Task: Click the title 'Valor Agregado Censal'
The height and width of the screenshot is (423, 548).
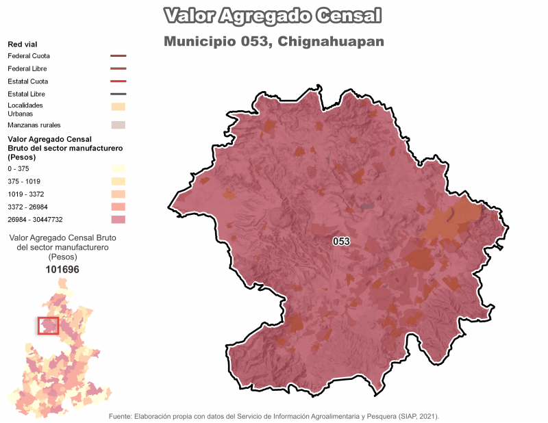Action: (273, 16)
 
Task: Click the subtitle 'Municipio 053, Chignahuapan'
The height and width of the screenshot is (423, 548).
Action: (273, 42)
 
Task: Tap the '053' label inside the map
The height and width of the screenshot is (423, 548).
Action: (341, 242)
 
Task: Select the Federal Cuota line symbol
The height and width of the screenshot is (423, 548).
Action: (118, 56)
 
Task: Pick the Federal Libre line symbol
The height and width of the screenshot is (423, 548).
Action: (118, 68)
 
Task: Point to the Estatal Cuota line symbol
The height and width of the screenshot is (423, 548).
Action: (118, 81)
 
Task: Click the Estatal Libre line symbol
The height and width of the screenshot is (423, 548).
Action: (118, 94)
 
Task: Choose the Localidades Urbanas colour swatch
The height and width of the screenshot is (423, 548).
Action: (118, 106)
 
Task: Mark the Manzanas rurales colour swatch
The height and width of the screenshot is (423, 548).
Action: (118, 125)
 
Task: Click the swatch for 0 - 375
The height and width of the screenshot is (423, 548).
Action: (118, 168)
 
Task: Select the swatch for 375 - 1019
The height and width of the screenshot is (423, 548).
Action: (118, 181)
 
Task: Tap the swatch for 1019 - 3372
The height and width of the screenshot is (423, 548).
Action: (118, 194)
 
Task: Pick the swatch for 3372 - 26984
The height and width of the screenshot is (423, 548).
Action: (118, 207)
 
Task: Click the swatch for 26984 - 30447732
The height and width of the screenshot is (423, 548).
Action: (118, 220)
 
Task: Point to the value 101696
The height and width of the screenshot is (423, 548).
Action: (62, 270)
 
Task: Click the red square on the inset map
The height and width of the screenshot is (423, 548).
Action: (48, 325)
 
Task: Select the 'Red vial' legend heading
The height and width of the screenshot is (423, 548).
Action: (22, 44)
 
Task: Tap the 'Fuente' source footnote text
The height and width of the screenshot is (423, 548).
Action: (273, 416)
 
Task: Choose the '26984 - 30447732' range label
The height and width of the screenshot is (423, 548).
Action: (35, 220)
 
